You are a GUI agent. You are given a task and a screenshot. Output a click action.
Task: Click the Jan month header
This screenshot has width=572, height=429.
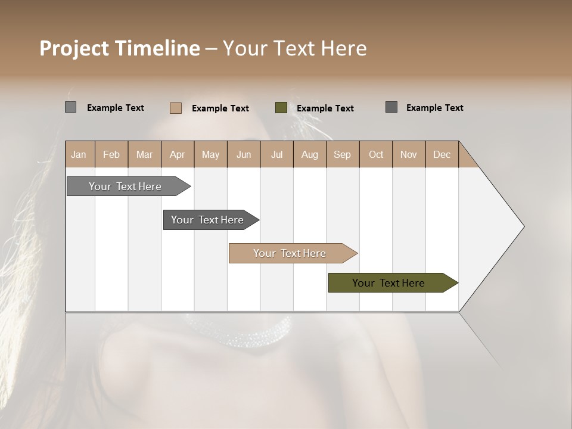79,154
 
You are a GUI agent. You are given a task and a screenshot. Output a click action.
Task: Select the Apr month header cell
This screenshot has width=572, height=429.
178,154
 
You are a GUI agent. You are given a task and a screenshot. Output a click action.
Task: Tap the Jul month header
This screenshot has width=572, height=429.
276,154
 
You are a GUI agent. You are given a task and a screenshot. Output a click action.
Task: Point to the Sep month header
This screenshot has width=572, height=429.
342,154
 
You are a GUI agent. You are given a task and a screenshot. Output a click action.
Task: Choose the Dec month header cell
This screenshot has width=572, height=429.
442,154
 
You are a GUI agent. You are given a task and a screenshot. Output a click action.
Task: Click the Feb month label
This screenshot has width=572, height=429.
111,154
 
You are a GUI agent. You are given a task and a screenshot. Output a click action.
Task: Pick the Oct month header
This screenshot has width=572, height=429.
376,154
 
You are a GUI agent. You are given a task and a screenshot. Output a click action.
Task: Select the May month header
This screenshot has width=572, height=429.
210,154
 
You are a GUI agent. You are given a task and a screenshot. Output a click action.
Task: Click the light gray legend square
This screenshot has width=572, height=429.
70,107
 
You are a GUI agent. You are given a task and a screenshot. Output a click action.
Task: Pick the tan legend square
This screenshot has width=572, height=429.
176,108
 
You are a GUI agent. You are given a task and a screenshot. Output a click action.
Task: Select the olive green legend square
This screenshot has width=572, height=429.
281,108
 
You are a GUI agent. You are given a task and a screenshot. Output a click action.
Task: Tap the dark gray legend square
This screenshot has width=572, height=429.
391,107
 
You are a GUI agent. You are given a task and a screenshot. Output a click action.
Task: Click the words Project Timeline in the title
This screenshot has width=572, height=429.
119,48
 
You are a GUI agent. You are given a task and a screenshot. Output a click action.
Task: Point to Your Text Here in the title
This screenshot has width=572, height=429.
294,48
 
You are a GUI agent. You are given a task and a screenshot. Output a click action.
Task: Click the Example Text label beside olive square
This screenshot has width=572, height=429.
325,108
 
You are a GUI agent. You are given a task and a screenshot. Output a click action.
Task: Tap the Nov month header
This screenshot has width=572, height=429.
409,154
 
